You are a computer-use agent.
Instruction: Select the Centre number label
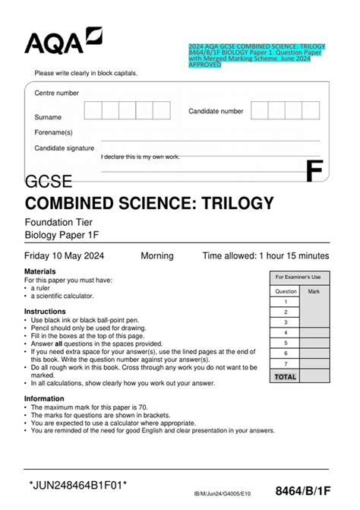[56, 93]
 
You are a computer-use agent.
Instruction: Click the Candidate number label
[216, 111]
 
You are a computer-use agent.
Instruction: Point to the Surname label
[48, 118]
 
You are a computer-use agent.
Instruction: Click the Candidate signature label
[65, 148]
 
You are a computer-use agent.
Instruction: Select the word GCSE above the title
[49, 182]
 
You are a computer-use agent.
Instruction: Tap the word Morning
[157, 256]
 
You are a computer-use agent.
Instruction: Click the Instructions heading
[45, 312]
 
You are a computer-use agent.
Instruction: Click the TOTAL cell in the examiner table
[286, 376]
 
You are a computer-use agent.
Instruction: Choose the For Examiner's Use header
[298, 277]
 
